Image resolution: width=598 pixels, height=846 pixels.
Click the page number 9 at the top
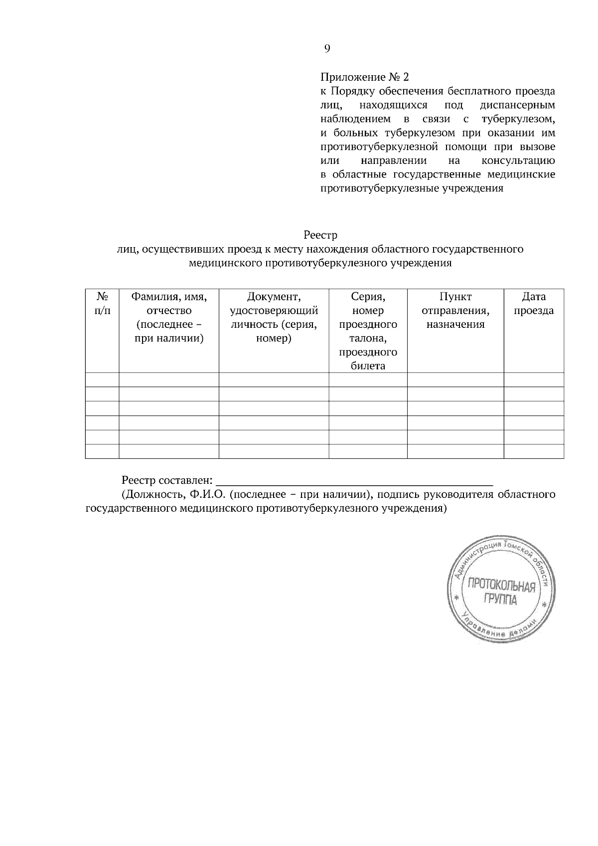pos(327,48)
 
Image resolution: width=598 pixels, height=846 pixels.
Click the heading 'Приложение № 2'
pos(364,77)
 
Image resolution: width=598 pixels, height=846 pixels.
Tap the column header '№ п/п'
pos(102,303)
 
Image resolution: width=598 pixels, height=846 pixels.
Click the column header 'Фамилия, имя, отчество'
pos(169,317)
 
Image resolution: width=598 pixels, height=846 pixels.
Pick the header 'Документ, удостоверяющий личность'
pos(274,317)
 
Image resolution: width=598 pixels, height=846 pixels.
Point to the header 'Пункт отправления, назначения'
pos(455,310)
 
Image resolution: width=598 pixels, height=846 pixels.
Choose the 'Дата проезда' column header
pos(534,303)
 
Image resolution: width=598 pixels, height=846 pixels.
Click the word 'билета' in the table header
pos(368,366)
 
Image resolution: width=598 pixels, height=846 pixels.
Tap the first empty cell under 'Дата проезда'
pos(534,380)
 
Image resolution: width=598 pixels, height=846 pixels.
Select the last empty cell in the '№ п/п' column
pos(102,451)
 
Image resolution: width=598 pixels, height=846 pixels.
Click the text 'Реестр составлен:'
pos(167,481)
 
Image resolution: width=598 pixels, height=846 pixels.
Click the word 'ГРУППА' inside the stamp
pos(500,599)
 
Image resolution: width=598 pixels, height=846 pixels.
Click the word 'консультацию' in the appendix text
pos(518,161)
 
